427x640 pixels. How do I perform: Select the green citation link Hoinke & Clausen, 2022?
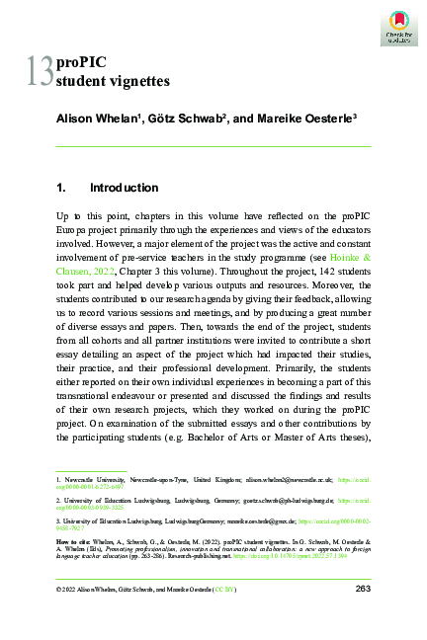[336, 258]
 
